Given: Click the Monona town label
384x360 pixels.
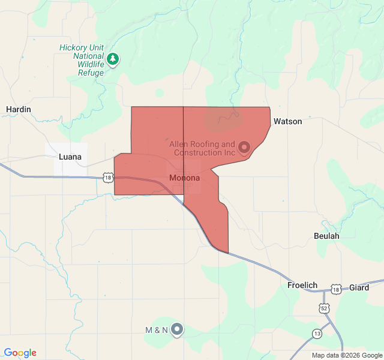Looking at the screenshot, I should [185, 178].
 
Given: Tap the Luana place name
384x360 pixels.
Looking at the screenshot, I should [70, 157].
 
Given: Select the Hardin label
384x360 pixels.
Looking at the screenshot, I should [18, 109].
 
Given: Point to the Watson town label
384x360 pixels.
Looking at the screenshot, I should [288, 121].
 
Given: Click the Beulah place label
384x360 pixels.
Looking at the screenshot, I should [326, 236].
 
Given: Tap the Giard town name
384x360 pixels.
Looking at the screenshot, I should [359, 288].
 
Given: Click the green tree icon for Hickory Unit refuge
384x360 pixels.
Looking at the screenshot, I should [113, 59].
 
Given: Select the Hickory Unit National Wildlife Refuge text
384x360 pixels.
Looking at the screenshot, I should [82, 60].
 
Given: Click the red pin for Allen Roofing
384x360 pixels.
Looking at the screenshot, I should [244, 147].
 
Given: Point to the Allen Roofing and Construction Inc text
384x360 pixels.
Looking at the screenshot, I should [202, 148].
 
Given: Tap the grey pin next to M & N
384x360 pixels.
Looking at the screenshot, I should [177, 329].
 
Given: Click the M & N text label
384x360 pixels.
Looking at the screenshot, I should [156, 330].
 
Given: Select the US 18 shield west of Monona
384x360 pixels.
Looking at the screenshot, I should [107, 177].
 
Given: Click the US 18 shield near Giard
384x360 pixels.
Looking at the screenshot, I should [336, 290].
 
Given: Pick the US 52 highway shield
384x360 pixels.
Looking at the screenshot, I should [323, 307].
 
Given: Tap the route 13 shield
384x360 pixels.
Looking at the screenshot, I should [317, 333].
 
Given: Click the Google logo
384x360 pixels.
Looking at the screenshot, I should [20, 353].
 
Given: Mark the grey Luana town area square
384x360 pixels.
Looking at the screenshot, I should [66, 159].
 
